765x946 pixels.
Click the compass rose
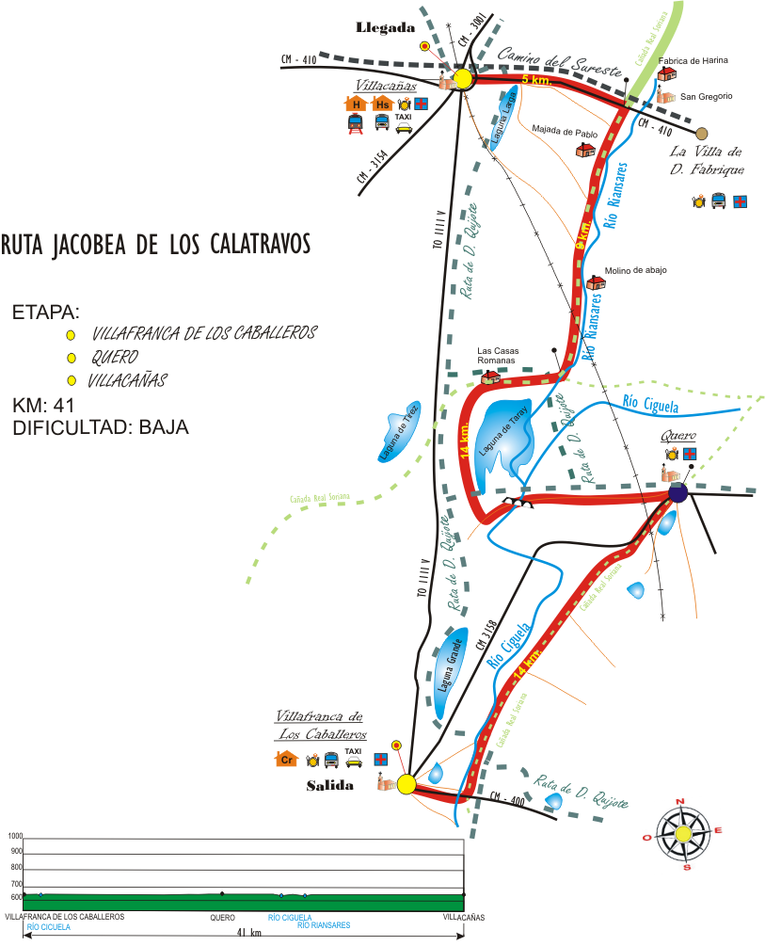685,832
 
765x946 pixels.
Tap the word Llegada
386,28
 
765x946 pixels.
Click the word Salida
329,786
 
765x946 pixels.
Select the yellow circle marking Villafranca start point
406,784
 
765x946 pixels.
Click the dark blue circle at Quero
677,493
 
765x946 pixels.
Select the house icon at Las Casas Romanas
490,377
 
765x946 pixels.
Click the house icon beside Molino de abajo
595,282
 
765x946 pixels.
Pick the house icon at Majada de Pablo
584,149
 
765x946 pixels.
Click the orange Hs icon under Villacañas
382,104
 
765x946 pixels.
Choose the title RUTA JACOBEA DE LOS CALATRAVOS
155,245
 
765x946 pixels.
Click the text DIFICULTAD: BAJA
101,427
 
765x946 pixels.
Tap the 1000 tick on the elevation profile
15,836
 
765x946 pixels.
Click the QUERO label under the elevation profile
222,916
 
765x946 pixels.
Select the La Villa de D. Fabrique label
707,160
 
